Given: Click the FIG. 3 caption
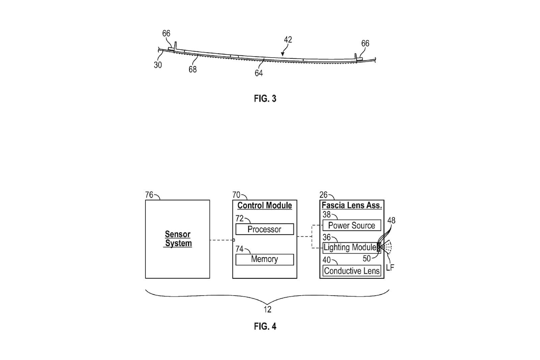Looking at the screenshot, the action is [x=265, y=99].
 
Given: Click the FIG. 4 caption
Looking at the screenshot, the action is [x=265, y=327].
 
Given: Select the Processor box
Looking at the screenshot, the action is [x=265, y=229].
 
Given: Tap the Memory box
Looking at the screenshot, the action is [x=265, y=259].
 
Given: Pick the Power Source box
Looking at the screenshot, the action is [x=352, y=225].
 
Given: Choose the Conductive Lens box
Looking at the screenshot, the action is [x=352, y=271].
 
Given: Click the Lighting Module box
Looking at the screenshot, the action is [x=352, y=248].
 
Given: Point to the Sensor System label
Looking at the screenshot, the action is [x=178, y=239].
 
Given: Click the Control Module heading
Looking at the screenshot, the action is [x=265, y=205].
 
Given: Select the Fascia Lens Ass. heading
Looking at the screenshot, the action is [x=352, y=205].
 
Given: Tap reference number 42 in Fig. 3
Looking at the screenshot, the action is [x=288, y=40].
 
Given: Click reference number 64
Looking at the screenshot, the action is [x=259, y=73].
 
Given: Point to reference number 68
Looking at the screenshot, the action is [x=193, y=70].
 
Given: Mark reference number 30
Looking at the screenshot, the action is [x=158, y=65].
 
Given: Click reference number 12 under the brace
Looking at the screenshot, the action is [x=267, y=310].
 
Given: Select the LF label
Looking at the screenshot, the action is [x=390, y=267].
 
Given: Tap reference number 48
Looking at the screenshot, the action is [x=391, y=220].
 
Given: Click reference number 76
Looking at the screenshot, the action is [x=149, y=195].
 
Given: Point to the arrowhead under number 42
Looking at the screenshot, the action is [x=282, y=54].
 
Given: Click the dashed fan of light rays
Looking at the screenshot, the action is [x=386, y=247].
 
